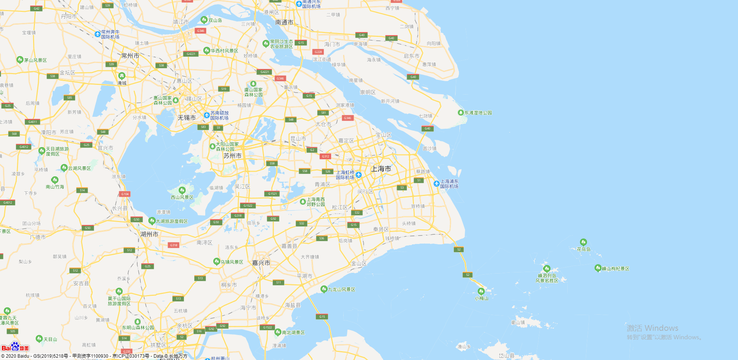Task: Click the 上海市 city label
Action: [381, 169]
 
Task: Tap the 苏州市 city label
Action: [233, 156]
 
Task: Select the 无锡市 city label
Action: [186, 118]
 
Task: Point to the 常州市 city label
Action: [130, 56]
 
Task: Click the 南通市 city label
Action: [284, 23]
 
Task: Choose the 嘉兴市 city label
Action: [261, 263]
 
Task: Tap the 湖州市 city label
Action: [149, 234]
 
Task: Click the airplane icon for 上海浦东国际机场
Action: [437, 184]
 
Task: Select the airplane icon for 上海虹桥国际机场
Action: [359, 175]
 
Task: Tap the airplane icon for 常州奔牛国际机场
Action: [98, 34]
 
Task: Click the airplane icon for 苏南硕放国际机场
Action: [207, 115]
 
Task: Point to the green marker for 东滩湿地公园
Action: [460, 113]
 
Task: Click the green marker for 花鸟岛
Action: [583, 242]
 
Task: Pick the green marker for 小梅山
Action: [481, 291]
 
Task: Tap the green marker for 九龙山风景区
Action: [324, 289]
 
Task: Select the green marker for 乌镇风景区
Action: [216, 262]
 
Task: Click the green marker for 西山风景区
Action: [182, 190]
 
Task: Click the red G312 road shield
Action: [326, 156]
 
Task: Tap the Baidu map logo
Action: [15, 347]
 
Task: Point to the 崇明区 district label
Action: [368, 92]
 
